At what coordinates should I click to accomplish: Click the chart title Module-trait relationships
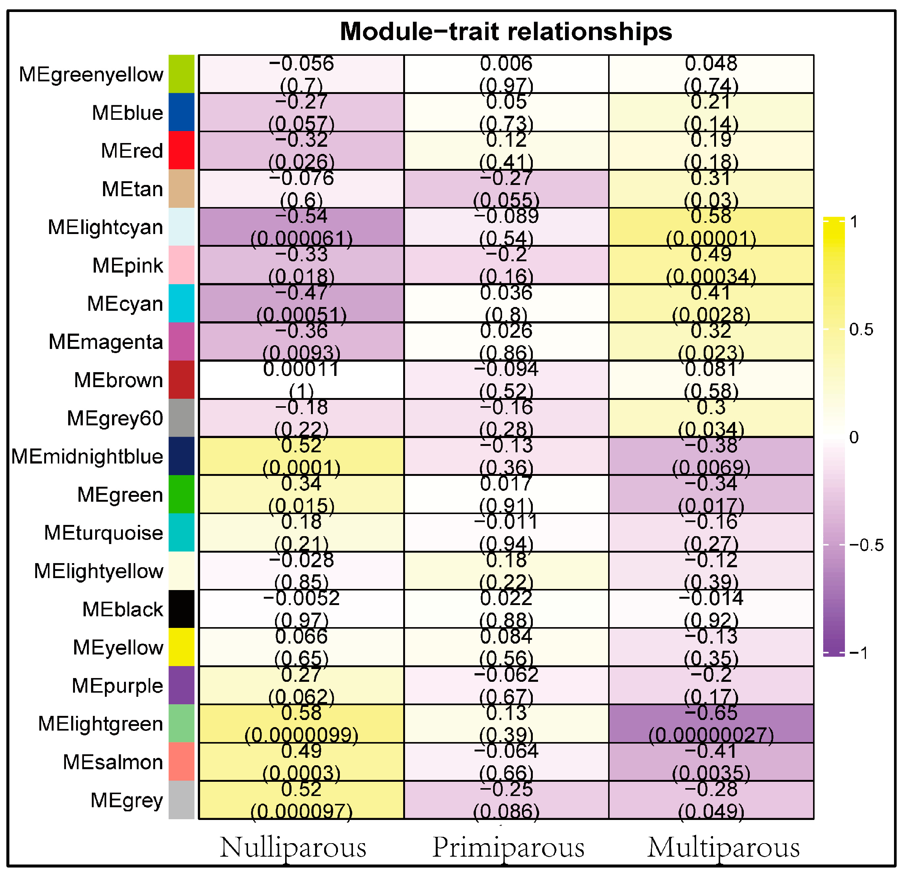point(506,32)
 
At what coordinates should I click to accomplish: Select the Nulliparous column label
point(293,847)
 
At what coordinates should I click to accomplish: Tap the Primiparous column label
point(508,847)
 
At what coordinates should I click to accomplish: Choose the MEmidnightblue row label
point(87,456)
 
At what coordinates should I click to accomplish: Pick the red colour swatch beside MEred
point(181,151)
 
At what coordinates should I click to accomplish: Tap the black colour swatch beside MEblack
point(181,609)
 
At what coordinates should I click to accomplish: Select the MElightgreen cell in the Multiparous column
point(711,723)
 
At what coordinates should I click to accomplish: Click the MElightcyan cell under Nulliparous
point(301,227)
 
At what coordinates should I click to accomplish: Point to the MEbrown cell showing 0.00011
point(301,380)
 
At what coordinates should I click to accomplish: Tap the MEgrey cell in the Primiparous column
point(506,800)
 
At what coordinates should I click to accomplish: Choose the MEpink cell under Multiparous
point(711,265)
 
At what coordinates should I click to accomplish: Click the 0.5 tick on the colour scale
point(861,330)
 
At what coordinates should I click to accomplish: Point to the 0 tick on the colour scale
point(854,437)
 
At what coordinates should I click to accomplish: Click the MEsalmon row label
point(113,762)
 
